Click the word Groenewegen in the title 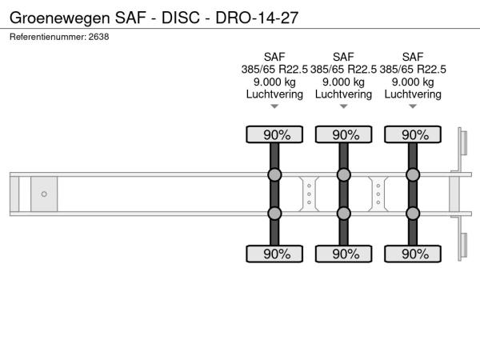click(x=60, y=18)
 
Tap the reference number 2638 click(x=98, y=37)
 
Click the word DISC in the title click(x=181, y=18)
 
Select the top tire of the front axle click(x=274, y=134)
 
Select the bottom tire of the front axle click(x=274, y=254)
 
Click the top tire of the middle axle click(x=344, y=134)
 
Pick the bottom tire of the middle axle click(x=344, y=254)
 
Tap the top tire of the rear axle click(x=413, y=134)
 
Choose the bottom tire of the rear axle click(x=413, y=254)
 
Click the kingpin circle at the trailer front click(x=44, y=194)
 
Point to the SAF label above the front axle click(x=274, y=57)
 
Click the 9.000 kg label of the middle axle click(x=343, y=82)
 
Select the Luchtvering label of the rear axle click(x=413, y=94)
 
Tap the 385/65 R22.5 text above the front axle click(x=274, y=70)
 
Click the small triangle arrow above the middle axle click(x=344, y=106)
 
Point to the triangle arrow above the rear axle click(x=413, y=106)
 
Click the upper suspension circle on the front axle click(x=274, y=174)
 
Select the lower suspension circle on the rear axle click(x=413, y=214)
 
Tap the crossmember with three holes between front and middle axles click(x=309, y=194)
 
